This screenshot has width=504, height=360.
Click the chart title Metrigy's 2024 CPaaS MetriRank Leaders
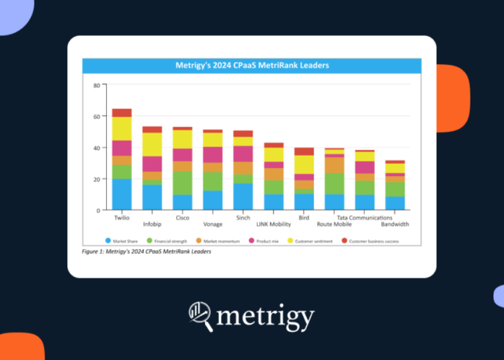coord(252,66)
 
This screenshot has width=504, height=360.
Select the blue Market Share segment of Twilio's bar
coord(122,194)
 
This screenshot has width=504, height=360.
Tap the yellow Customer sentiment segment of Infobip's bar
coord(153,144)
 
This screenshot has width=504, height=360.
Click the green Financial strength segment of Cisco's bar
coord(183,183)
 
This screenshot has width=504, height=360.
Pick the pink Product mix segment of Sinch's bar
coord(243,154)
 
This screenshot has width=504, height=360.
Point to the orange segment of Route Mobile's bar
coord(334,165)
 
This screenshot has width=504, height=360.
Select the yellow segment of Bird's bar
coord(304,165)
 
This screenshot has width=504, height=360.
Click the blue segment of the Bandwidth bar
coord(395,203)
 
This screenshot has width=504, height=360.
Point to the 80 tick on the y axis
coord(97,85)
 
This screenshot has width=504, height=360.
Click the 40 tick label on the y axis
coord(97,148)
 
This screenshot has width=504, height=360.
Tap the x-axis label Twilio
coord(122,218)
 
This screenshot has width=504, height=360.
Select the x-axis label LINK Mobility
coord(274,224)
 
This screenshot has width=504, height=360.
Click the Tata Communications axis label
coord(365,218)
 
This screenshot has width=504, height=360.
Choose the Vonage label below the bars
coord(213,224)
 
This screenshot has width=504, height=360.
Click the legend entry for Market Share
coord(125,240)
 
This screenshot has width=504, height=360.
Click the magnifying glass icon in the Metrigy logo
coord(200,316)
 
